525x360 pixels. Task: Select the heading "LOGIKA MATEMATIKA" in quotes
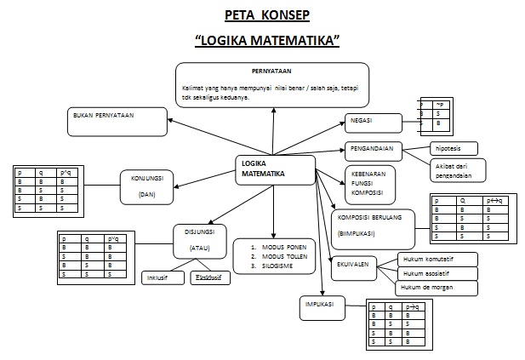coord(267,40)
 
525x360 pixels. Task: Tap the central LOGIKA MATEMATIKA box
coord(274,169)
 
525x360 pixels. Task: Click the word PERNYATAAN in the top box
coord(271,71)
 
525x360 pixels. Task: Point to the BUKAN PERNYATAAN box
coord(117,121)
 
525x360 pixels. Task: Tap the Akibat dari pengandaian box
coord(457,169)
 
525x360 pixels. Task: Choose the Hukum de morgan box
coord(437,289)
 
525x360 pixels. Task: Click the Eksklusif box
coord(208,277)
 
